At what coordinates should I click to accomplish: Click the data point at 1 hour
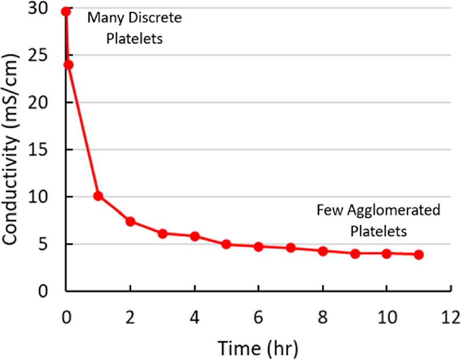click(x=98, y=196)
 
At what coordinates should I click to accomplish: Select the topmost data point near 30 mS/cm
click(x=66, y=11)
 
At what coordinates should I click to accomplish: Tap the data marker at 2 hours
click(x=130, y=221)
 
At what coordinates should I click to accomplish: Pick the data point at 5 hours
click(x=226, y=244)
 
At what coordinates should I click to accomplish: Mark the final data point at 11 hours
click(x=419, y=255)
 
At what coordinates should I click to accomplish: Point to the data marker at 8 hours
click(x=323, y=251)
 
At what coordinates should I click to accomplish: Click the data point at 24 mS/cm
click(x=68, y=65)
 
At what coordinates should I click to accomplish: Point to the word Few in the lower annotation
click(x=327, y=210)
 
